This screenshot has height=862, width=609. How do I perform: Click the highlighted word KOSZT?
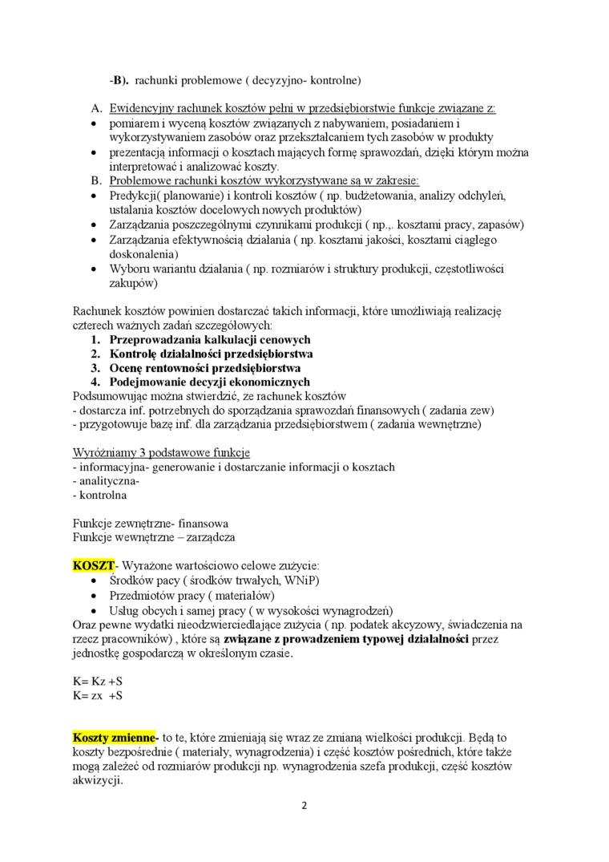94,565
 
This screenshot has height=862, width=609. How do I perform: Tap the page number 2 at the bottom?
304,806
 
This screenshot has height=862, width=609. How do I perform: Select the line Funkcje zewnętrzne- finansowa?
150,523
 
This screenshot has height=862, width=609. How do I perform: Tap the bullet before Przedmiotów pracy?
95,596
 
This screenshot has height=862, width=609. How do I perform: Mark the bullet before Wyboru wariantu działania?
95,269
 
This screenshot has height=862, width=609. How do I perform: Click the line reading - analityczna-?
106,481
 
